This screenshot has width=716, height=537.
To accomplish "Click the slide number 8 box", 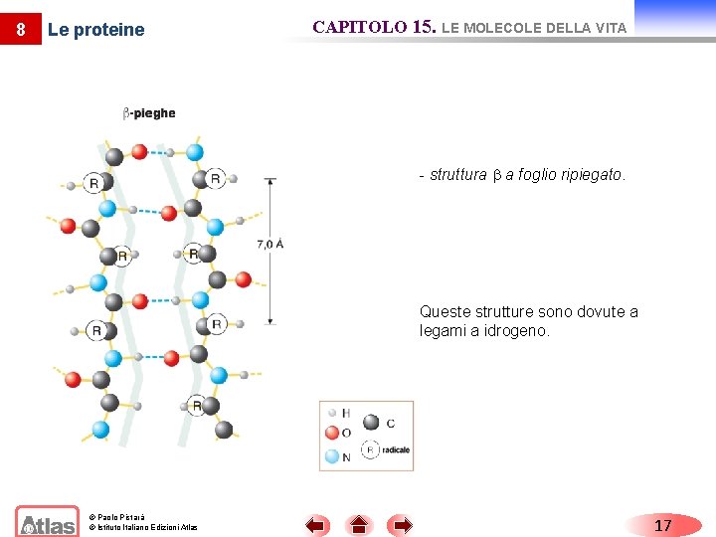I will coord(20,30).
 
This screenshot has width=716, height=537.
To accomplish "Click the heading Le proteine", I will coord(95,30).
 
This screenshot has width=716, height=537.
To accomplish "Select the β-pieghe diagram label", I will coord(148,113).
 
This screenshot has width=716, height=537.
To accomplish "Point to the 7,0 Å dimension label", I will coord(269,244).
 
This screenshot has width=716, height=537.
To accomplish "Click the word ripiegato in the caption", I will coord(594,175).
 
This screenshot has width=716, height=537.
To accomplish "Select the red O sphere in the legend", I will coord(332,434).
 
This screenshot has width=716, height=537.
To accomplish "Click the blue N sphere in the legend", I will coord(332,457).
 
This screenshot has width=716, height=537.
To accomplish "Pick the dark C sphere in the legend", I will coord(371,423).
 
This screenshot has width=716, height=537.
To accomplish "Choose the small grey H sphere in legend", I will coord(332,412).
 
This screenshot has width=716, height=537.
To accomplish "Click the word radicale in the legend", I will coord(395,450).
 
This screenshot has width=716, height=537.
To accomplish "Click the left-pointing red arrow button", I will coord(316,525).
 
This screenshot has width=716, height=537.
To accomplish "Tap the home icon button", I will coord(359,525).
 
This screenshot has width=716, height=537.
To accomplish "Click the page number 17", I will coord(662,525).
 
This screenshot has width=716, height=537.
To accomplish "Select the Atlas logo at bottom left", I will coord(47,522).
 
